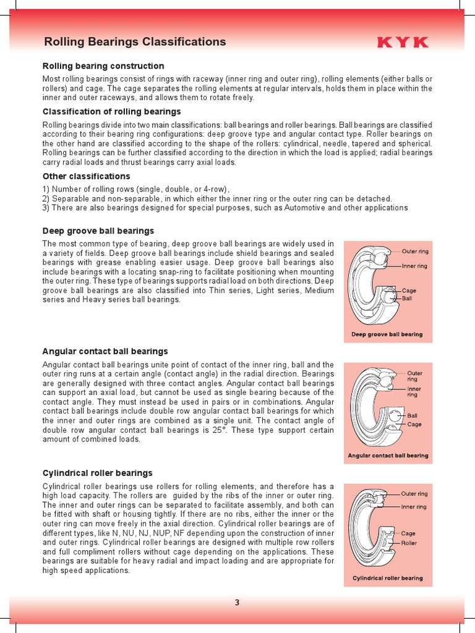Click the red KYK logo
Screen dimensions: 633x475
pyautogui.click(x=403, y=42)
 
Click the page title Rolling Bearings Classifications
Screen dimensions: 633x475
pyautogui.click(x=135, y=42)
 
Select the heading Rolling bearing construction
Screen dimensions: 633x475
pyautogui.click(x=103, y=66)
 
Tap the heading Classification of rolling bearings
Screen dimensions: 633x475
pyautogui.click(x=111, y=112)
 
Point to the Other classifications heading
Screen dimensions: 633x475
pyautogui.click(x=86, y=176)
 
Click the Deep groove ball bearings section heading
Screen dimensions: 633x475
pyautogui.click(x=98, y=231)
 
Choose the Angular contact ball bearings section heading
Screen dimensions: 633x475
pyautogui.click(x=105, y=351)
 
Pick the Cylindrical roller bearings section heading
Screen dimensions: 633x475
pyautogui.click(x=97, y=473)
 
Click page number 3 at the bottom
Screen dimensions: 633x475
pyautogui.click(x=237, y=604)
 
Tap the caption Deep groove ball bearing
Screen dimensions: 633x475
pyautogui.click(x=387, y=334)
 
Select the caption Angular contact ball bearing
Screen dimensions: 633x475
pyautogui.click(x=388, y=456)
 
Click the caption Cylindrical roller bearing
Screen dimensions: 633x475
pyautogui.click(x=388, y=578)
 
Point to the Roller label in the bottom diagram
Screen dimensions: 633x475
pyautogui.click(x=409, y=543)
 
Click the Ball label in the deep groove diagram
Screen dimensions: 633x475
pyautogui.click(x=407, y=298)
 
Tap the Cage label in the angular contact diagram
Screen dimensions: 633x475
pyautogui.click(x=414, y=425)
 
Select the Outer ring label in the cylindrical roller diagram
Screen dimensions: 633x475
pyautogui.click(x=414, y=494)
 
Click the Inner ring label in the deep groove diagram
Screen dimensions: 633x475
pyautogui.click(x=414, y=266)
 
